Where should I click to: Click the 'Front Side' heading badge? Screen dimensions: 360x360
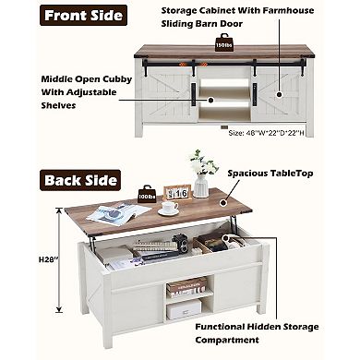click(x=83, y=15)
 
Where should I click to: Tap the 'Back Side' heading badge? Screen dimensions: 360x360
click(x=80, y=180)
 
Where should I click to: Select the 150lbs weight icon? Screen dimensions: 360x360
click(x=223, y=42)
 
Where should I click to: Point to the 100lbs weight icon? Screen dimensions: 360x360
click(x=147, y=194)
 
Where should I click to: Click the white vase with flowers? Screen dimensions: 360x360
click(x=202, y=174)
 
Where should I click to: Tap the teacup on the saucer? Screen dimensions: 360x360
click(x=169, y=209)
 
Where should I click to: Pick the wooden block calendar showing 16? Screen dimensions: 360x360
click(x=177, y=193)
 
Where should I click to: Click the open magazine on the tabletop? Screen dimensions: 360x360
click(x=118, y=213)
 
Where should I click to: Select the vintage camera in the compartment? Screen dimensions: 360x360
click(x=180, y=243)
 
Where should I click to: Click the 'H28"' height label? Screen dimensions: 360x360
click(x=48, y=259)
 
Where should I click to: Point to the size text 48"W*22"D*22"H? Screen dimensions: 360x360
click(x=266, y=133)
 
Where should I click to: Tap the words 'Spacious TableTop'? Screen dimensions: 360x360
click(x=270, y=174)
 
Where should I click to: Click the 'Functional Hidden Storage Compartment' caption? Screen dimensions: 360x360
click(x=257, y=333)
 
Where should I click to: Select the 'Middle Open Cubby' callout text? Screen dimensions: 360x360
click(x=87, y=79)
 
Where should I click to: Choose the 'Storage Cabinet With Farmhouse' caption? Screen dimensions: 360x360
click(x=237, y=10)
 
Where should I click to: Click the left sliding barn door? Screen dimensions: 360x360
click(x=166, y=95)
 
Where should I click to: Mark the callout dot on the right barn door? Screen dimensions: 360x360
click(x=279, y=94)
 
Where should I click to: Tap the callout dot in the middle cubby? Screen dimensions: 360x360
click(x=210, y=100)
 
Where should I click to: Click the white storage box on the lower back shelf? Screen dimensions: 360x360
click(x=184, y=309)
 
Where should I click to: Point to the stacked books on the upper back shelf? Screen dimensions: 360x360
click(x=186, y=287)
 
